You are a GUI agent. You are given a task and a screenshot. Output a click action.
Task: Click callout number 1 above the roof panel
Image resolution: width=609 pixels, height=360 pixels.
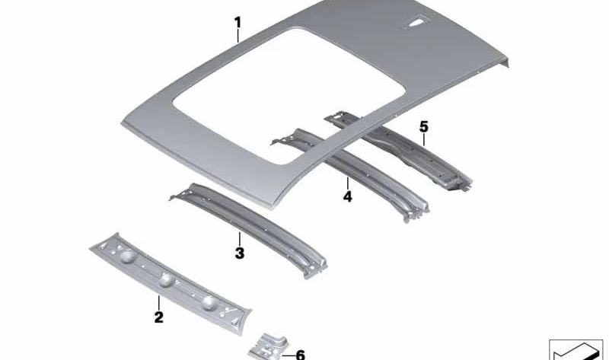(x=238, y=21)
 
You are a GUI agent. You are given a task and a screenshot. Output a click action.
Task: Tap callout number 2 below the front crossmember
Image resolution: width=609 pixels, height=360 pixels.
(x=159, y=317)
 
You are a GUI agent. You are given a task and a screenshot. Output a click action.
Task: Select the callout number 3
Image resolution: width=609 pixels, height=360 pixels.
(x=239, y=253)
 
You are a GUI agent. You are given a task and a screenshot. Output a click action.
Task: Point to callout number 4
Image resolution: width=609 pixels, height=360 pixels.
(x=347, y=196)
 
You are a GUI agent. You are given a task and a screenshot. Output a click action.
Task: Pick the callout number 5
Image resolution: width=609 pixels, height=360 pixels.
(x=424, y=126)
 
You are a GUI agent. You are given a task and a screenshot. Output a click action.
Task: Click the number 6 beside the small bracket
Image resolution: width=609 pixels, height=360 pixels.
(x=299, y=354)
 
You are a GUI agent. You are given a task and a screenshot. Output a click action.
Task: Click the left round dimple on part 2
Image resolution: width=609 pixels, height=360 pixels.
(x=129, y=256)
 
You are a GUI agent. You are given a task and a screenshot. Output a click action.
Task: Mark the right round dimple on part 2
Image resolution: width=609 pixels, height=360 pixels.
(x=209, y=303)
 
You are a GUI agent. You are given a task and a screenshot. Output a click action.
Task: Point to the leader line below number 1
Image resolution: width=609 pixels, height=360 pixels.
(x=238, y=34)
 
